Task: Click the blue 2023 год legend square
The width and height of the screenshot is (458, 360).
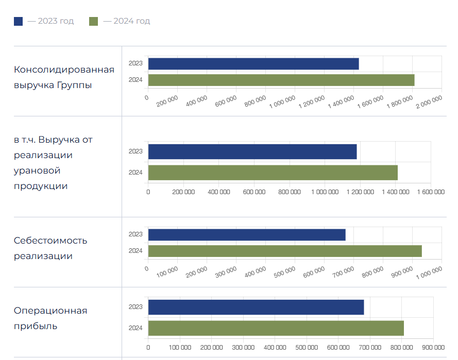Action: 19,21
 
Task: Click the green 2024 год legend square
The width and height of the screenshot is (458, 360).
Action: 94,21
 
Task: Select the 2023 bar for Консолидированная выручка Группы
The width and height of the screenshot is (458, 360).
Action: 253,64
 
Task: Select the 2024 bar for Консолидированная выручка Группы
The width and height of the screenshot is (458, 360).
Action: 281,80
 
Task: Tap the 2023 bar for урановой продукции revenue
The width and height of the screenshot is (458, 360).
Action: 252,151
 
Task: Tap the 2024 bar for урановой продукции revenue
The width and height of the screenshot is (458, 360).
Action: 273,173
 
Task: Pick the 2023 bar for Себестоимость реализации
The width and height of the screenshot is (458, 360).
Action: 247,234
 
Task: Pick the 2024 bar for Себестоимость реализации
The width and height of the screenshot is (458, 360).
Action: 285,251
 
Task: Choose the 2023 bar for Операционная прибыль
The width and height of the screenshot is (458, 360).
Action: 256,307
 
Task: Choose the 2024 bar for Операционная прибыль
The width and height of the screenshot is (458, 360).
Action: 276,328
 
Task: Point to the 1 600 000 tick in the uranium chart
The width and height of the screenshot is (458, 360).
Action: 431,192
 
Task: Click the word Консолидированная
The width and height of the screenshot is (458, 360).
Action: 64,70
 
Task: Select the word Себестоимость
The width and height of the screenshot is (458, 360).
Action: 50,241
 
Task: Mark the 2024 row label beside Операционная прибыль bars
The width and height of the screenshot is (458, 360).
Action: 135,328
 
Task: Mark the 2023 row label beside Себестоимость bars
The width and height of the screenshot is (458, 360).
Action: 135,234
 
